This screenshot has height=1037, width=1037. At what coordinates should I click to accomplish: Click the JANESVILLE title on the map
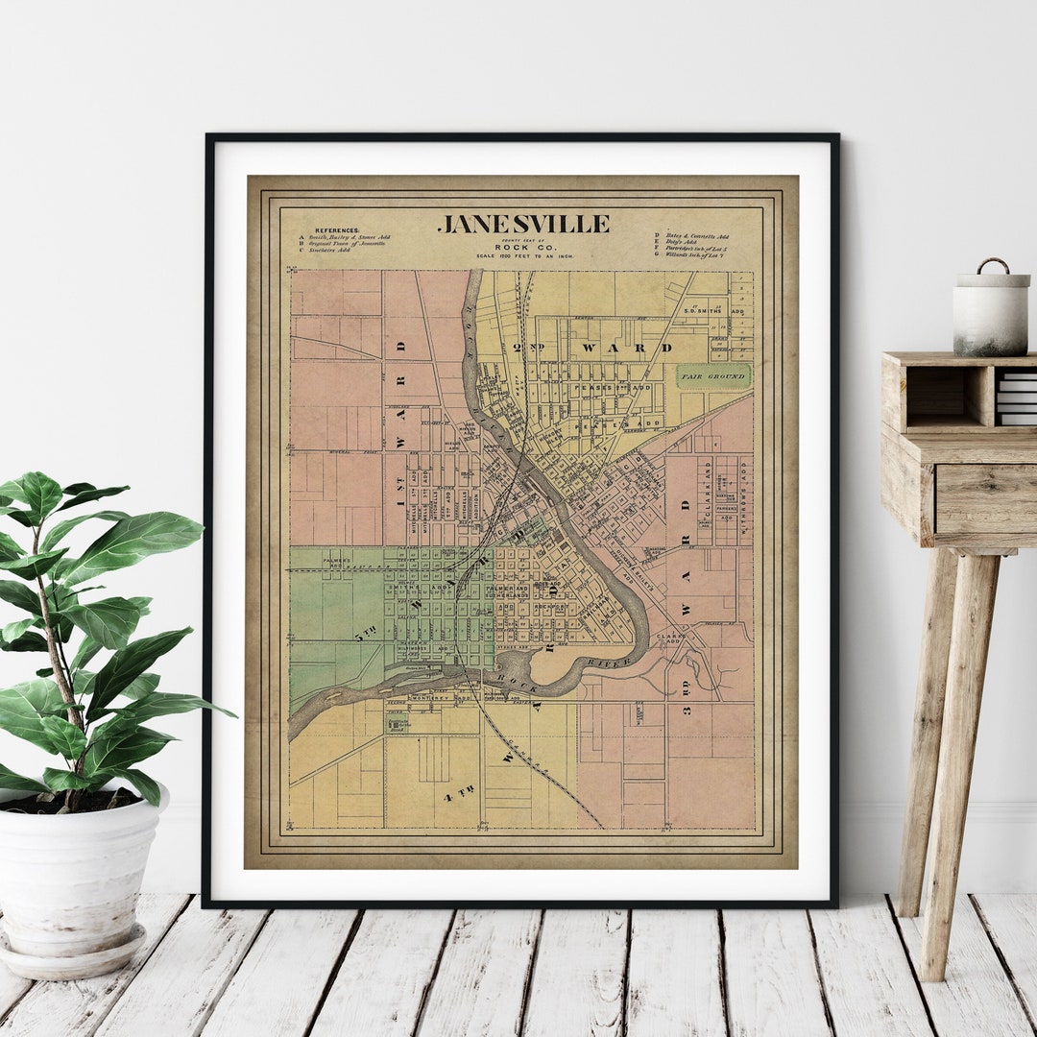[x=523, y=225]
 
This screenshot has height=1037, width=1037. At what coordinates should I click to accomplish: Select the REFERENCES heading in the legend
[x=337, y=230]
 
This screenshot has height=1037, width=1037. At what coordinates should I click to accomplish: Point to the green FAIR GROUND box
[x=712, y=376]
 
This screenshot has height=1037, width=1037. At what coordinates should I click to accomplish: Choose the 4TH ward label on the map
[x=459, y=792]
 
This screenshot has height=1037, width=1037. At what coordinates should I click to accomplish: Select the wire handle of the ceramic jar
[x=994, y=263]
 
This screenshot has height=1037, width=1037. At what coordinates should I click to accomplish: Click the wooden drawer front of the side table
[x=985, y=498]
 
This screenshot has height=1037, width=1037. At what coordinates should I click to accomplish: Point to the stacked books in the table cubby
[x=1016, y=398]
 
